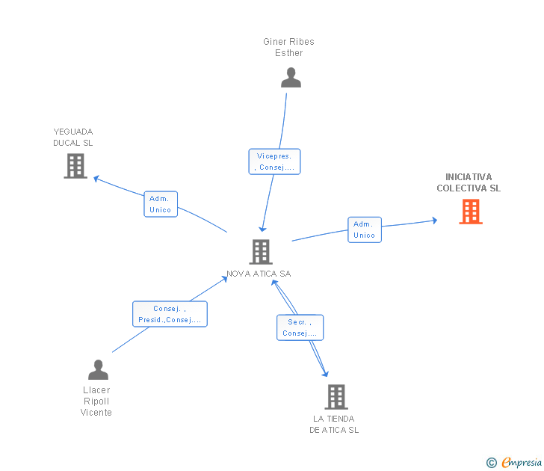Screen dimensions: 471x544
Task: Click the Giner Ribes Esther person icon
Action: tap(291, 78)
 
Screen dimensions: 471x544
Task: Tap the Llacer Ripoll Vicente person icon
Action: tap(98, 369)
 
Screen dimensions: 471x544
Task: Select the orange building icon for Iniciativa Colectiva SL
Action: tap(470, 212)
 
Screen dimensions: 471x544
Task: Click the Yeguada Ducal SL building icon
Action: tap(75, 166)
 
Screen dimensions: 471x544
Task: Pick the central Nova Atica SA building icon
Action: tap(260, 252)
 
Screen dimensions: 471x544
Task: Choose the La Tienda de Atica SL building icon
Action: tap(336, 396)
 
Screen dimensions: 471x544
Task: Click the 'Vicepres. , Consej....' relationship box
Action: tap(274, 161)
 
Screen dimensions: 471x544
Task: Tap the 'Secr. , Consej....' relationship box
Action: tap(300, 327)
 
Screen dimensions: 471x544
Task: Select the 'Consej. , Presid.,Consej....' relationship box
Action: tap(170, 314)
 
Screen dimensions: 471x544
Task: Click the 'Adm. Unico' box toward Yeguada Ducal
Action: tap(161, 204)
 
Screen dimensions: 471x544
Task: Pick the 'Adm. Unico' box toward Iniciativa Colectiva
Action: tap(364, 230)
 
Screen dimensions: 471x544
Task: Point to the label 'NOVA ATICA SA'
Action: tap(259, 274)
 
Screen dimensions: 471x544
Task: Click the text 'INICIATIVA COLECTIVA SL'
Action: tap(469, 182)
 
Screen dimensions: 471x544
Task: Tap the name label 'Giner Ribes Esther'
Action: tap(288, 47)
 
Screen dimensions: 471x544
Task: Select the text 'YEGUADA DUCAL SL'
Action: tap(73, 137)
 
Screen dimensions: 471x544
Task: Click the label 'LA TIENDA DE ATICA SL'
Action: tap(334, 424)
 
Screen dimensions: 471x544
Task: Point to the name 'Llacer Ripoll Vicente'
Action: tap(96, 401)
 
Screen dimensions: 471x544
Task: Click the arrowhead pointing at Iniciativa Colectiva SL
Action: tap(434, 221)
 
